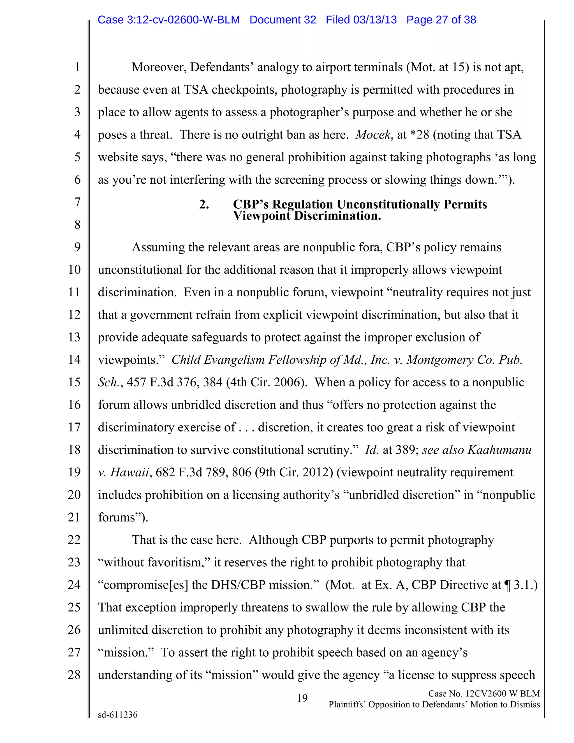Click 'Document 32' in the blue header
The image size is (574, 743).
283,20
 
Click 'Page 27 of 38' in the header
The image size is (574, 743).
441,20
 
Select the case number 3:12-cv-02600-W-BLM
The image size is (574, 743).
183,20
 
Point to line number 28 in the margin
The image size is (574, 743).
74,675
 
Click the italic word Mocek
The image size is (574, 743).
373,135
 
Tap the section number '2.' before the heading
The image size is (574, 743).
204,204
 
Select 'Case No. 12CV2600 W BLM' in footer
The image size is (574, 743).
484,693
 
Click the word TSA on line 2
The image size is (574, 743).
196,90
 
